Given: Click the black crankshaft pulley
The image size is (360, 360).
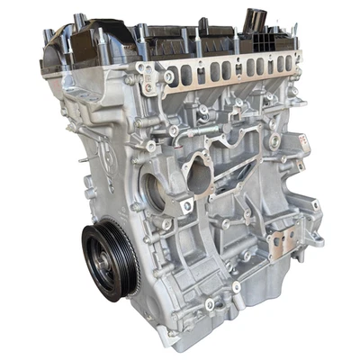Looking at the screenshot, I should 110,260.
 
